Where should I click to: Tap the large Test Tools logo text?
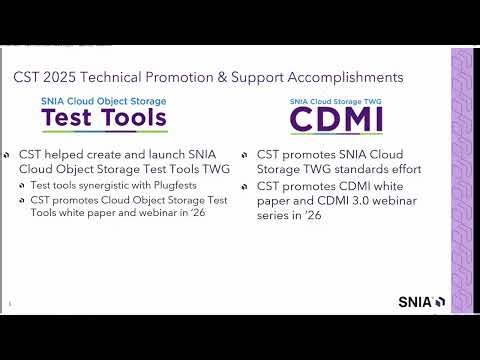pos(103,119)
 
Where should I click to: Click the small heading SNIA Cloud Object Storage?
pos(103,102)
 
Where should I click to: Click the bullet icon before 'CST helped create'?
pos(8,155)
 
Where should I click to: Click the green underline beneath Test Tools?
pos(103,132)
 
